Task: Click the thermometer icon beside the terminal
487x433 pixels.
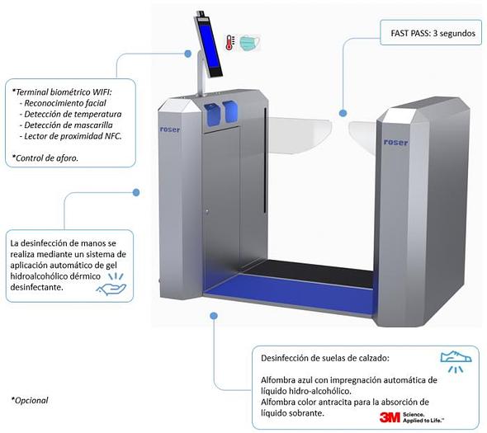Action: pyautogui.click(x=230, y=43)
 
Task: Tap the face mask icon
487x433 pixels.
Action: pyautogui.click(x=250, y=43)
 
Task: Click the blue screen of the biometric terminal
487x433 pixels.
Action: pyautogui.click(x=208, y=46)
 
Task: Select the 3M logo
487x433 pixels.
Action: pyautogui.click(x=390, y=417)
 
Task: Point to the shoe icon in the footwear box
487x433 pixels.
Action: pyautogui.click(x=456, y=361)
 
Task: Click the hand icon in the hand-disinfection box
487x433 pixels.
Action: pyautogui.click(x=111, y=285)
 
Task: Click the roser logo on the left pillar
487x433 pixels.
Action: pyautogui.click(x=169, y=129)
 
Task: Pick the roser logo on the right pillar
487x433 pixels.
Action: pyautogui.click(x=395, y=142)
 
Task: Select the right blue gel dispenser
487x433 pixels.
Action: pyautogui.click(x=230, y=111)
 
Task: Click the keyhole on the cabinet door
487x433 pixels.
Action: pyautogui.click(x=207, y=212)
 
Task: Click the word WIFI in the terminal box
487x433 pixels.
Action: pyautogui.click(x=102, y=92)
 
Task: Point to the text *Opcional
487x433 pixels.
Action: pyautogui.click(x=30, y=400)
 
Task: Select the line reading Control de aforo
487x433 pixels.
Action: pyautogui.click(x=45, y=158)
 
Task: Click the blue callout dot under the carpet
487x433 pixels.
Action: pyautogui.click(x=214, y=316)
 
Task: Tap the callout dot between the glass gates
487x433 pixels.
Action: pyautogui.click(x=343, y=113)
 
